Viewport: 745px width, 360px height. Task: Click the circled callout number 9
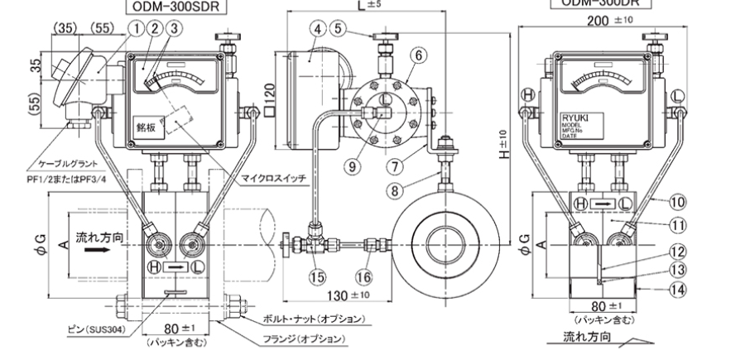(x=354, y=165)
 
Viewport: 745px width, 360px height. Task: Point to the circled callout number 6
(x=419, y=55)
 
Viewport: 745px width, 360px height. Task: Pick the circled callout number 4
(x=317, y=27)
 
